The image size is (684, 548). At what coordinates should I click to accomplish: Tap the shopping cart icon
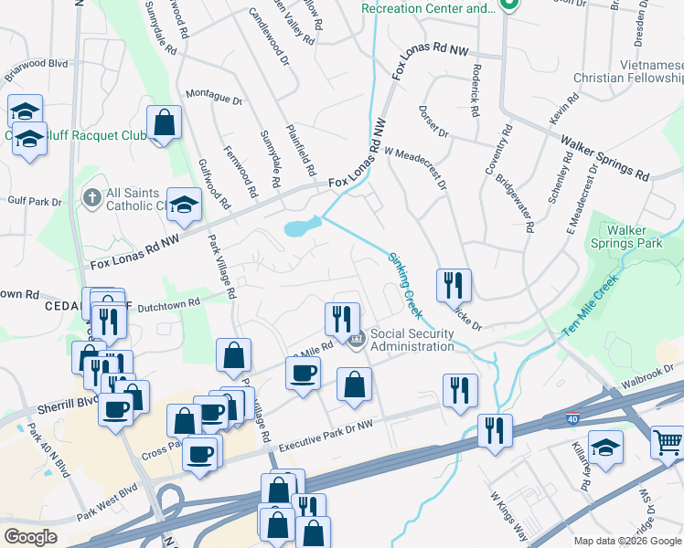tap(668, 442)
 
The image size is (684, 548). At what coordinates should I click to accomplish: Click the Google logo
tap(30, 536)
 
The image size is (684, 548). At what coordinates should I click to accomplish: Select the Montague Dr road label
tap(214, 96)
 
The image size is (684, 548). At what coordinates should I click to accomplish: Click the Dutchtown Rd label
tap(168, 304)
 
